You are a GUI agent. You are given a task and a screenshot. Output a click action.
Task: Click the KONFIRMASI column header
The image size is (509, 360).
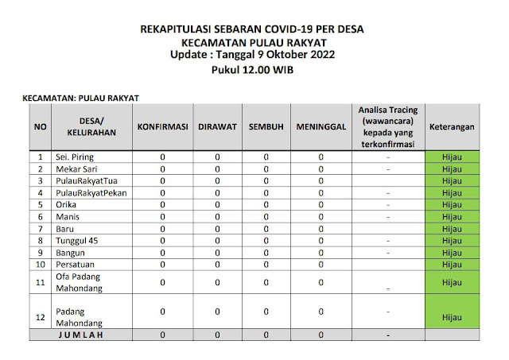(162, 126)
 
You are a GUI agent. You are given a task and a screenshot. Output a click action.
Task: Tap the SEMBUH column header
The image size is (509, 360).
(266, 126)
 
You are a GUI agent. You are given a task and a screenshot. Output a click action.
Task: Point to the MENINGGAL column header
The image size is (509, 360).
(321, 126)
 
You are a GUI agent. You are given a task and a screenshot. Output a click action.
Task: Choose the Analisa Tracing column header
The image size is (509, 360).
(387, 126)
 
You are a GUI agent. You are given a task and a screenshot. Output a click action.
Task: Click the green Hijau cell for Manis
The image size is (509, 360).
(453, 216)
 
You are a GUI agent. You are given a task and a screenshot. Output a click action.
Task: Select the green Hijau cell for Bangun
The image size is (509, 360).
(453, 251)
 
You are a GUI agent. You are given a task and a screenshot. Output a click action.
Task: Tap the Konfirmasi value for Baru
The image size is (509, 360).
(162, 228)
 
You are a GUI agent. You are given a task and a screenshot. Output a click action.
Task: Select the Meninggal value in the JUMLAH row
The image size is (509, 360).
(321, 335)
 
